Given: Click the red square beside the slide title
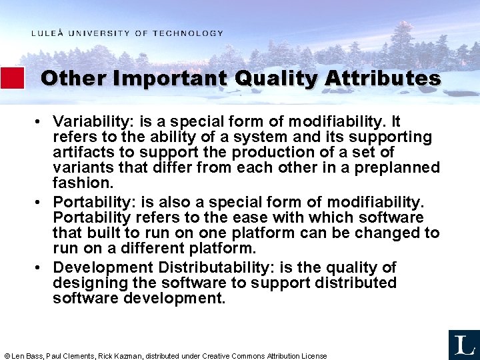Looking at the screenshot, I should point(12,78).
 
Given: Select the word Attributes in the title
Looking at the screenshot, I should point(383,79).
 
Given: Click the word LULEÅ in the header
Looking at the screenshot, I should point(47,33).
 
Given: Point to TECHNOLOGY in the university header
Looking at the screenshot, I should point(188,33).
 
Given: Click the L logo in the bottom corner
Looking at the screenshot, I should point(464,345).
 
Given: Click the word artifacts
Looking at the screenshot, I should point(82,153).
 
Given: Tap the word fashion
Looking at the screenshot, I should point(83,183).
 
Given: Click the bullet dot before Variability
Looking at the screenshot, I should point(41,122).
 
